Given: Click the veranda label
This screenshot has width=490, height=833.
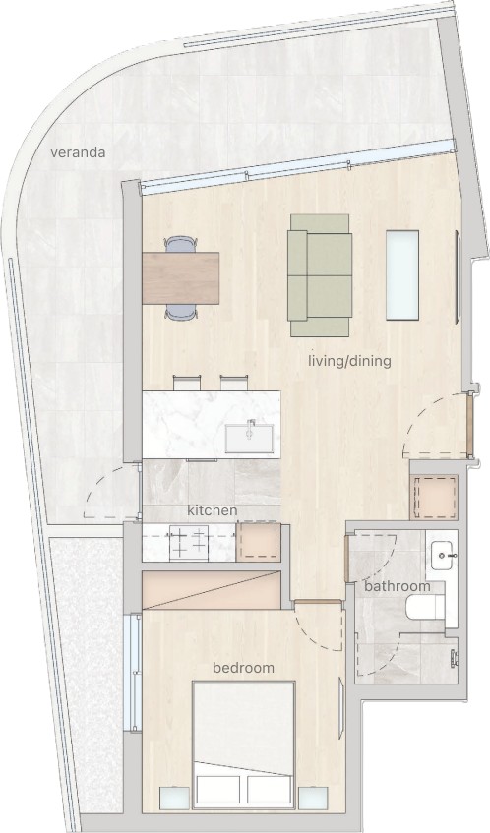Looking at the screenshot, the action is [78, 153].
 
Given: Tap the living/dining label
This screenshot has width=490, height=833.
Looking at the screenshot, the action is [349, 361].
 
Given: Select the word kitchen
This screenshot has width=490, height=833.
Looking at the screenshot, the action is [213, 510].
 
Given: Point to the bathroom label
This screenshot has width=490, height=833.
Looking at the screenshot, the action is [398, 586].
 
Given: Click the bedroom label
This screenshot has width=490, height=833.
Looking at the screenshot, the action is [243, 668].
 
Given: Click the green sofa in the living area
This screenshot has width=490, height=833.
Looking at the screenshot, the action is [320, 275].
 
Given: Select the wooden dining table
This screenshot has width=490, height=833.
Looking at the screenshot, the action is [181, 278].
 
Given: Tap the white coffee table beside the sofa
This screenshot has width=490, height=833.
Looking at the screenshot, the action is [402, 275].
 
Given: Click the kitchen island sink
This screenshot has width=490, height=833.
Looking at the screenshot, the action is [249, 437].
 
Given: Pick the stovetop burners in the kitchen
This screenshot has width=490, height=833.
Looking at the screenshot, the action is [188, 543].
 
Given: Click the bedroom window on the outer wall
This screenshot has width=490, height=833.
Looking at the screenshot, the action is [133, 673].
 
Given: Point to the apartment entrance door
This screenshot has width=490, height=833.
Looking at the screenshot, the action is [469, 424].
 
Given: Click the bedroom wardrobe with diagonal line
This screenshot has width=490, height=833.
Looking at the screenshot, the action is [211, 590].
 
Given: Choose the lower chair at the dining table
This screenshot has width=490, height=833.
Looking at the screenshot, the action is [181, 312].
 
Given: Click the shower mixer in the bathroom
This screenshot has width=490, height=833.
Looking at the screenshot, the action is [453, 658].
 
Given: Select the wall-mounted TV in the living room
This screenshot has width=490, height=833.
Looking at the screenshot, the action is [459, 276].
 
